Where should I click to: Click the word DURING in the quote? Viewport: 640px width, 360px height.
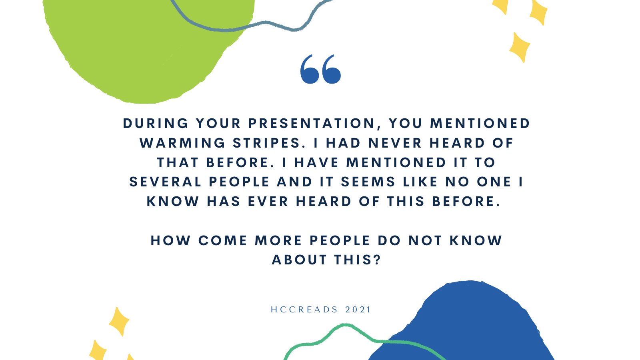pos(156,124)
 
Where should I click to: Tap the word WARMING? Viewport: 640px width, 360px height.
pos(182,143)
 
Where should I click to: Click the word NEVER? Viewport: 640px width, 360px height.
pos(395,143)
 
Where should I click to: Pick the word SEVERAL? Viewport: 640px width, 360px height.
pos(166,182)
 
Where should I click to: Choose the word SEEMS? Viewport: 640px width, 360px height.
pos(368,182)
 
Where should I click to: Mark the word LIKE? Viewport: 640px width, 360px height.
pos(420,182)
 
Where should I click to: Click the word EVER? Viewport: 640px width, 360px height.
pos(268,202)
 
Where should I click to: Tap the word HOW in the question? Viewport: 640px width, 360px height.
pos(171,240)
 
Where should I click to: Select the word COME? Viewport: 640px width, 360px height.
pos(223,240)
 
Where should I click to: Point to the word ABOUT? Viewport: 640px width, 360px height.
pos(300,260)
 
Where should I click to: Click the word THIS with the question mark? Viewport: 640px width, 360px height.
pos(358,260)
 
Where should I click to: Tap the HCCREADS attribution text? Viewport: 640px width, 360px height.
pos(304,310)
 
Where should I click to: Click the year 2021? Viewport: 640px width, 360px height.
pos(358,310)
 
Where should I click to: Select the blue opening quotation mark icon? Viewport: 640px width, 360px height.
pos(320,69)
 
